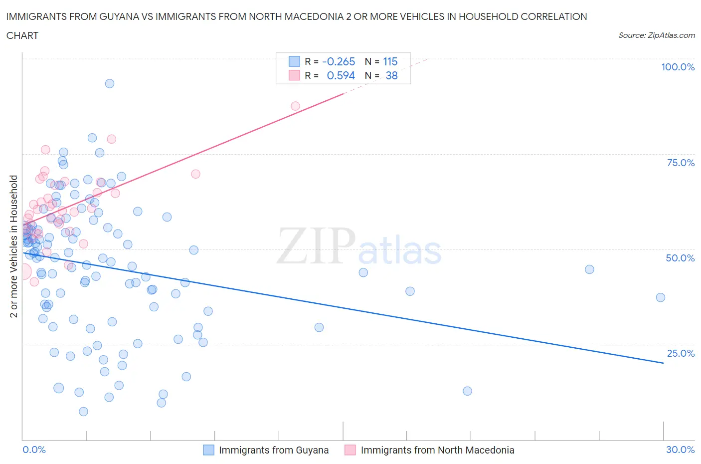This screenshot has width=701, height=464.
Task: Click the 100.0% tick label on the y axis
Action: tap(678, 67)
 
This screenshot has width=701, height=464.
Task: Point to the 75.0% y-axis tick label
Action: tap(681, 163)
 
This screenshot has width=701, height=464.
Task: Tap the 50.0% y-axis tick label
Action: tap(680, 258)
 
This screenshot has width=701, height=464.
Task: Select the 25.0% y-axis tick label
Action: tap(681, 353)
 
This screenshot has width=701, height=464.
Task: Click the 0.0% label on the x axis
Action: tap(34, 450)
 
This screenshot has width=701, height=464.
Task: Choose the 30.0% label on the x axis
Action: tap(680, 450)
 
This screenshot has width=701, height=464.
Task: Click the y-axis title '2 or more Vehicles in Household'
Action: tap(14, 246)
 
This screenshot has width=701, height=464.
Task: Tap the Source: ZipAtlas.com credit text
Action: tap(656, 35)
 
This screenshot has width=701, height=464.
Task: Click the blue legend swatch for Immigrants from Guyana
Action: tap(208, 450)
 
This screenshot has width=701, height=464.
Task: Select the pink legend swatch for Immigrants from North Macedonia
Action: tap(350, 450)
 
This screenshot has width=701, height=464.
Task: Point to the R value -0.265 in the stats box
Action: tap(339, 61)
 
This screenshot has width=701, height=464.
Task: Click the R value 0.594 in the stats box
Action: tap(341, 75)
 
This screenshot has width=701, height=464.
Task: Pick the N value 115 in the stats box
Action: tap(390, 61)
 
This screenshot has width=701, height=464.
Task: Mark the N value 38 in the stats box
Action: tap(391, 75)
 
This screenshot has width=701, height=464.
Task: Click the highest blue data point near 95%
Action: tap(110, 83)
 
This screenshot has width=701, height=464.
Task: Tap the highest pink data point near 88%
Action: tap(295, 106)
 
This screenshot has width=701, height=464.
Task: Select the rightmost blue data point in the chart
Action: tap(661, 297)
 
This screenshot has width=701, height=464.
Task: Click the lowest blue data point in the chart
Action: tap(83, 412)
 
